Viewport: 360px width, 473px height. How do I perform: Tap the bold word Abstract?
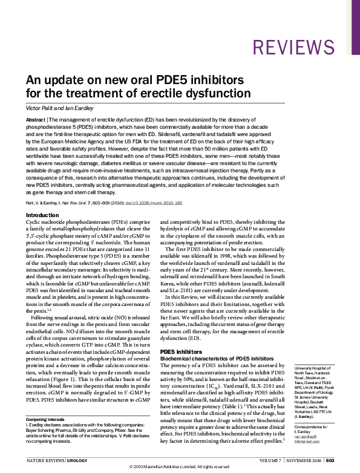[36, 120]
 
